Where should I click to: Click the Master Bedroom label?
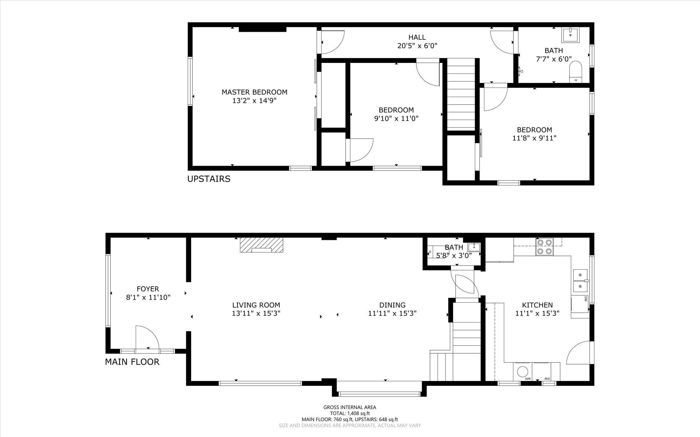coord(254,92)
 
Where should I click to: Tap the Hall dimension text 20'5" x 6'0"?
coord(417,45)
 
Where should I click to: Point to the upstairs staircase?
coord(461,94)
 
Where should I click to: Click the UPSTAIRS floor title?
coord(209,179)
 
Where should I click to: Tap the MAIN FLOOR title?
coord(132,361)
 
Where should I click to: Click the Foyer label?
coord(148,289)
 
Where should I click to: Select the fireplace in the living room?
coord(261,245)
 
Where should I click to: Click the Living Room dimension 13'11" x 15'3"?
coord(256,313)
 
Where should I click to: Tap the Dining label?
coord(392,305)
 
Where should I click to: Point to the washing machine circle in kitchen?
coord(523,372)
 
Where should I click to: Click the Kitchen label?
coord(537,305)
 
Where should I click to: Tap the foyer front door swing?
coord(148,337)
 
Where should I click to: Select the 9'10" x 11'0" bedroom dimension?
coord(396,119)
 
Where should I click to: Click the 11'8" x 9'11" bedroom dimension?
coord(534,138)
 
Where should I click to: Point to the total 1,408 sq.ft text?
coord(350,413)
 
